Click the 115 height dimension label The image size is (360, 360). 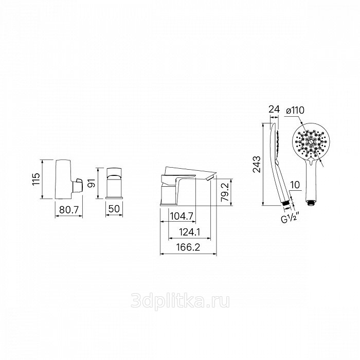[36, 179]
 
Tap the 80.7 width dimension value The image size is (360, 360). [69, 209]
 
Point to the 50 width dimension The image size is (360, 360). [114, 209]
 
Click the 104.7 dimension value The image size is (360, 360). [182, 216]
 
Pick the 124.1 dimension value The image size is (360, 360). [190, 232]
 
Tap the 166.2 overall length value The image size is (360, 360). [188, 247]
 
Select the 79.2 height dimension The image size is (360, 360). [225, 192]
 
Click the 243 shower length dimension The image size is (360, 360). [257, 164]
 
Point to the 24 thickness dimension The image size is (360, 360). [274, 109]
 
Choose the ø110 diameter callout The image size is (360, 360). [295, 111]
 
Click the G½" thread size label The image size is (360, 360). [290, 218]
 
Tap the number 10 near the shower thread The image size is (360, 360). [295, 185]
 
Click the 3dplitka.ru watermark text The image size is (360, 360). [180, 301]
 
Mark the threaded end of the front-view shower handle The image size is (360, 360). [311, 203]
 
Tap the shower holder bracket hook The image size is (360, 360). [78, 185]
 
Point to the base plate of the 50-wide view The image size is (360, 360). [114, 197]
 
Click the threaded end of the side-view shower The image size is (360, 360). [285, 203]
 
